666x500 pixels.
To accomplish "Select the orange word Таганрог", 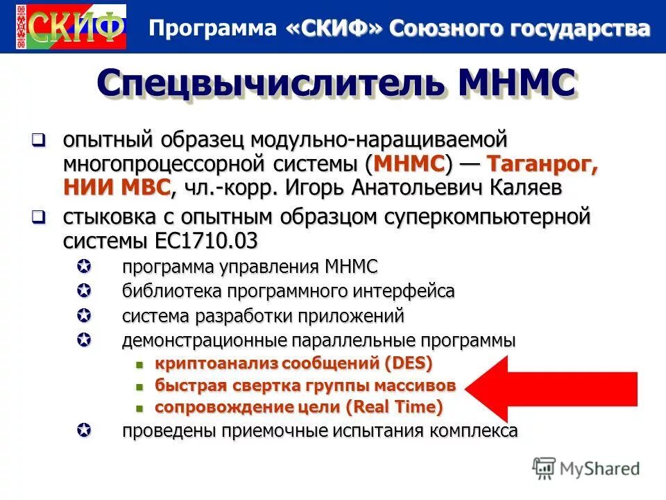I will click(542, 164).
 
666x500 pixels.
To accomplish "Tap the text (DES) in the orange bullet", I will click(407, 362).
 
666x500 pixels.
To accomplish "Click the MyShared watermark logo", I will click(586, 468).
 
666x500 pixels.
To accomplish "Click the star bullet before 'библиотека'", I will click(83, 290).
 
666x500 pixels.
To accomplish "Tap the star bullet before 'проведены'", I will click(83, 431).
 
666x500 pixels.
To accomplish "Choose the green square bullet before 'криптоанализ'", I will click(139, 363).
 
